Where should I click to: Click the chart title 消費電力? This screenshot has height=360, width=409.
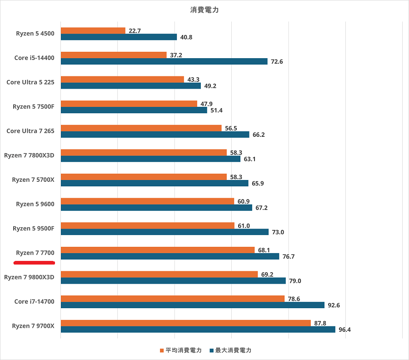point(204,10)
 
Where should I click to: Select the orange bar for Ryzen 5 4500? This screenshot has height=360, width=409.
point(93,30)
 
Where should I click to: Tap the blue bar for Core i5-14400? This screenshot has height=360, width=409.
point(164,61)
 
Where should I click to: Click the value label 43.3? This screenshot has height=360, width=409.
point(193,80)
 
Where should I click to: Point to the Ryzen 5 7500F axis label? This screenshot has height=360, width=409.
point(33,107)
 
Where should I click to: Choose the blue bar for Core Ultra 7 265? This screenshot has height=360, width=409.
point(155,135)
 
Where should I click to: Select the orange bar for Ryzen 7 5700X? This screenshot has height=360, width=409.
point(143,177)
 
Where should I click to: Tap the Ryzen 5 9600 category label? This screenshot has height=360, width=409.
point(35,204)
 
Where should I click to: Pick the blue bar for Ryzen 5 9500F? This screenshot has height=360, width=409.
point(165,232)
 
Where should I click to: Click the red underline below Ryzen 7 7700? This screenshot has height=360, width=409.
point(35,262)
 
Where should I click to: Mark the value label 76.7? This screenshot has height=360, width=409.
point(289,256)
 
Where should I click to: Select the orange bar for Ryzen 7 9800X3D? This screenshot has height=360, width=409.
point(159,274)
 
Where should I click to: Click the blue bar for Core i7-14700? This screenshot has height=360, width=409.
point(192,305)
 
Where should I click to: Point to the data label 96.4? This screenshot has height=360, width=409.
point(344,330)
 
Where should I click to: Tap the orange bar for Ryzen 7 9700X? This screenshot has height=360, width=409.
point(185,323)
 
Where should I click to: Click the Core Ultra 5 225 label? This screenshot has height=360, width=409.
point(30,82)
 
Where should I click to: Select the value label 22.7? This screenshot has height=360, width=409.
point(135,31)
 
